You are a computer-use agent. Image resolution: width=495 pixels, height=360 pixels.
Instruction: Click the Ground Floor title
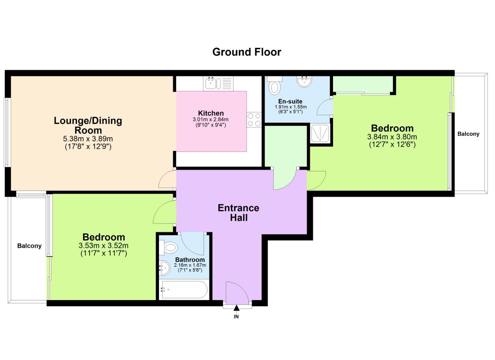coord(247,52)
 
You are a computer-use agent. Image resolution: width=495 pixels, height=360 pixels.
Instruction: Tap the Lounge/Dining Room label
coord(88,125)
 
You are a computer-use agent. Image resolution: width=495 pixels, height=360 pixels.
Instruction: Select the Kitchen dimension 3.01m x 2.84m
coord(211,119)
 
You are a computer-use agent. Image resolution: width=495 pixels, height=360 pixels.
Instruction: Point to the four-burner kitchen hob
coord(254,120)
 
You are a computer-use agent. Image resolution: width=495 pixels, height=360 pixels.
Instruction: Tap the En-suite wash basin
coord(304,81)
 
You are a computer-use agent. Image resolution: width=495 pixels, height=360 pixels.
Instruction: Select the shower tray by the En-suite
coord(320,133)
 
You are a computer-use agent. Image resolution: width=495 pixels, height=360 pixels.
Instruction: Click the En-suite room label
coord(290,101)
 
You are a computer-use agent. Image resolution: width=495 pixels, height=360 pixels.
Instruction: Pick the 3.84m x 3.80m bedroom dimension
coord(392,137)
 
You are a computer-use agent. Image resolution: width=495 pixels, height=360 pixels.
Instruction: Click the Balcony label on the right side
coord(468,134)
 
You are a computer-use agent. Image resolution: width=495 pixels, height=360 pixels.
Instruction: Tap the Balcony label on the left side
coord(29,246)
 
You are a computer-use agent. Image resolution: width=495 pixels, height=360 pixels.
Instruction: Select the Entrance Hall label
coord(238,213)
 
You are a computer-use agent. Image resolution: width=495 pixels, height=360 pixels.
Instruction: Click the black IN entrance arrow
coord(236,308)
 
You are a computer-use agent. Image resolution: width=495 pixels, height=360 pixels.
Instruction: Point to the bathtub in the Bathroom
coord(184,290)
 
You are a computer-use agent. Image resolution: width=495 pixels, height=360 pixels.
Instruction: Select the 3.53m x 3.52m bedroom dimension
coord(103,246)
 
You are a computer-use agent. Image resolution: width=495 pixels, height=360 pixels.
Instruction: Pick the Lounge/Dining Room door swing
coord(167,179)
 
